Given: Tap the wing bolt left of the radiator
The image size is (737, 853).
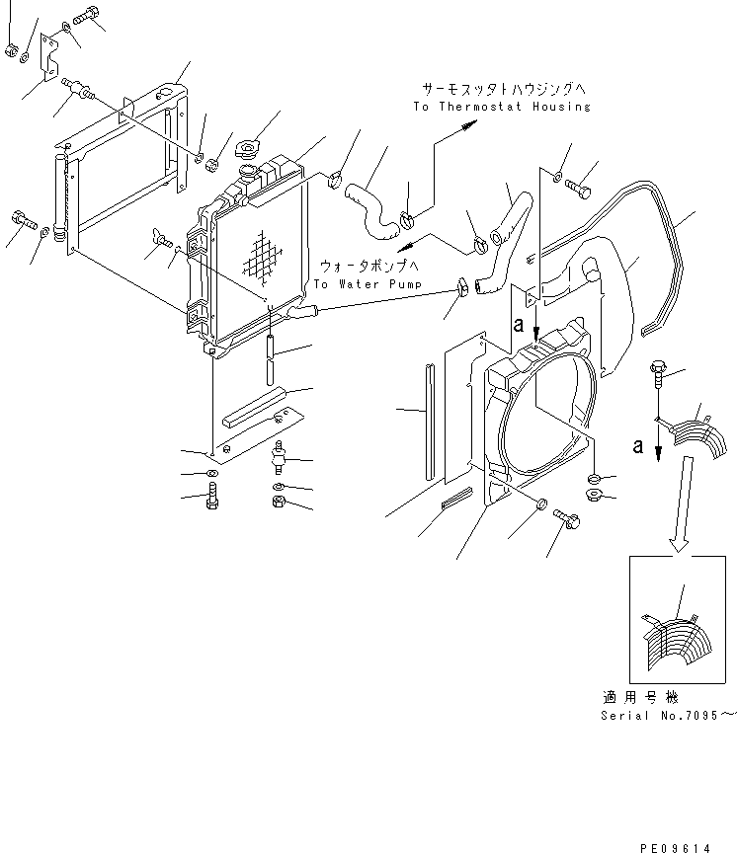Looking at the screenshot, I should (x=161, y=239).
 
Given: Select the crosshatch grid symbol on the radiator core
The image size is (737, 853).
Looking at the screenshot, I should (x=262, y=256).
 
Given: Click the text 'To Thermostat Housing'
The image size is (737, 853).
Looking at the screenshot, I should (x=501, y=107).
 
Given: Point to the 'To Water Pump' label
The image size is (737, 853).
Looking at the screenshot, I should (x=367, y=284).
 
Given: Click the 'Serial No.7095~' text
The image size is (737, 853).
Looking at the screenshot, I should (x=668, y=714).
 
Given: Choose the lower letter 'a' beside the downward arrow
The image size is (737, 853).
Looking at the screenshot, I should (x=639, y=445).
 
